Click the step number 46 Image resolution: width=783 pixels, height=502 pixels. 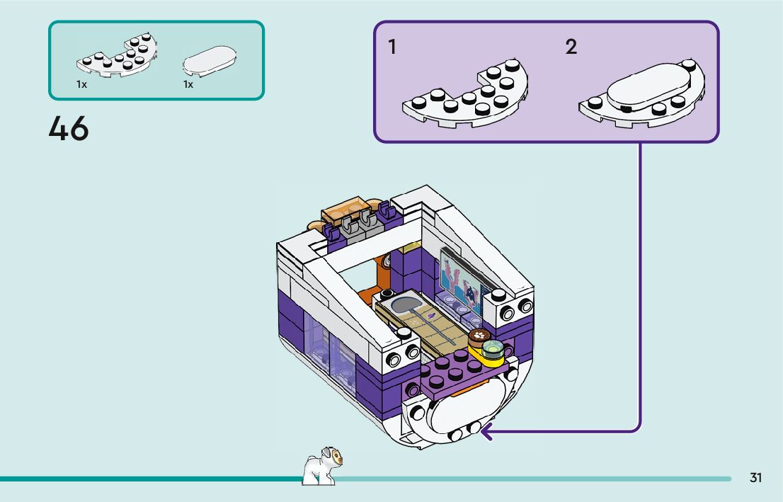69,129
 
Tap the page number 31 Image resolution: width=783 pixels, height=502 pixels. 755,478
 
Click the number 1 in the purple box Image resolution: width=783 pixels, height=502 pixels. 391,47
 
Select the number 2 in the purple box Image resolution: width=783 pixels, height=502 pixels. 571,47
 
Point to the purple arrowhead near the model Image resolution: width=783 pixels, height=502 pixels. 485,430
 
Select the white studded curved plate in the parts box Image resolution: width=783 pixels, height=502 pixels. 117,57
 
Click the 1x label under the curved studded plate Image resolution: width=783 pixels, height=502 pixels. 81,84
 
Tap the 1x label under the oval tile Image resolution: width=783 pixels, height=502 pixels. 188,84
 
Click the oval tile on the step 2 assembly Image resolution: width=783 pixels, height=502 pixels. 647,89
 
